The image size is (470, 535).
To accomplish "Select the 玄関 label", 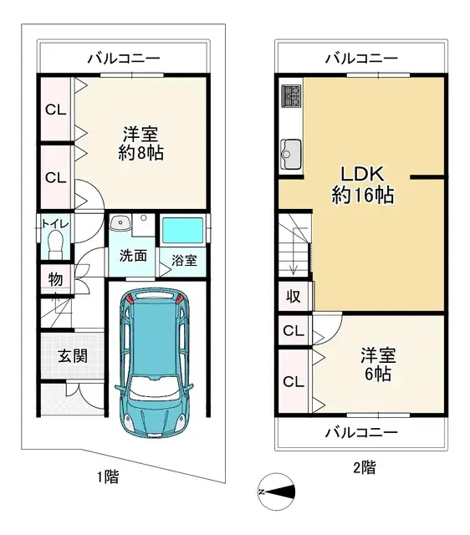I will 73,355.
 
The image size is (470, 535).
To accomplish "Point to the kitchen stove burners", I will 292,97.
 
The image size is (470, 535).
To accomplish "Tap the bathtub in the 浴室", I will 183,231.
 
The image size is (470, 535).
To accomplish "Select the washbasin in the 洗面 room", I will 120,224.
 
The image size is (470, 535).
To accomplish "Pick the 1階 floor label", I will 106,477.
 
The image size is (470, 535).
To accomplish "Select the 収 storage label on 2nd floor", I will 294,296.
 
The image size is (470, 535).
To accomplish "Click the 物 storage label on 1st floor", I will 54,279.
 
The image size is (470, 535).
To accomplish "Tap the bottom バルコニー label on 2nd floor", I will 361,432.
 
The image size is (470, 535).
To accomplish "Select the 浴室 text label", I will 184,260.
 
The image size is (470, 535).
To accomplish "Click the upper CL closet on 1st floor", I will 55,110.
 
